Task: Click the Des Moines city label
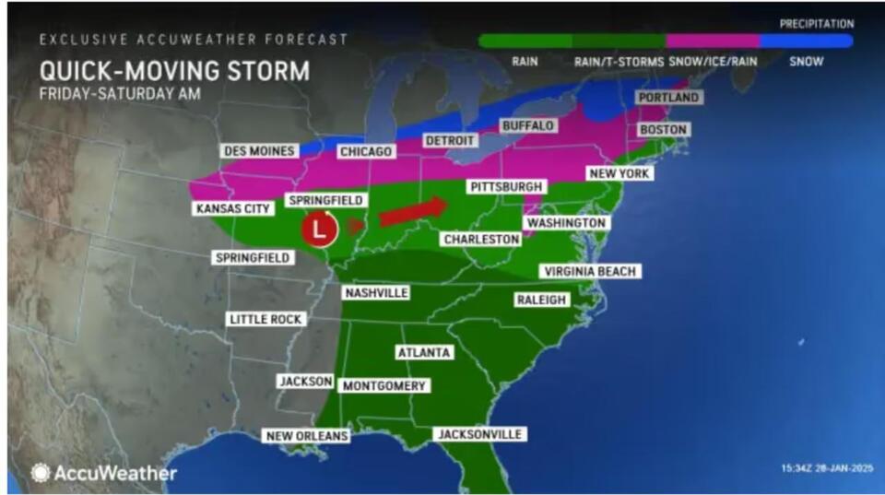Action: (x=259, y=151)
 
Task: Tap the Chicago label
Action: (x=366, y=151)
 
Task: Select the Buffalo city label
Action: (x=527, y=125)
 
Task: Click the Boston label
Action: (x=663, y=130)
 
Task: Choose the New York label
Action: (x=619, y=173)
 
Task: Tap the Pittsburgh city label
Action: (x=506, y=186)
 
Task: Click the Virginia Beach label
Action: (x=590, y=271)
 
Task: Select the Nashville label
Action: (x=375, y=293)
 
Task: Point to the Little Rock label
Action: (x=265, y=319)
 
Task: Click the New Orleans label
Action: (x=306, y=436)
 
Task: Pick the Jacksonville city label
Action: (x=479, y=434)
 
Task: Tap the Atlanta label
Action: (x=423, y=353)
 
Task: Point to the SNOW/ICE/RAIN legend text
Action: (x=711, y=61)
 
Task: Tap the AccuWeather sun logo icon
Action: (x=41, y=473)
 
